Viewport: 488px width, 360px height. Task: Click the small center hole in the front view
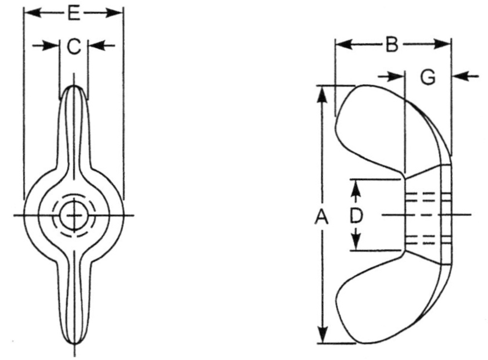[74, 215]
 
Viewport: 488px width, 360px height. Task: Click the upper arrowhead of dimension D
[357, 187]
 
